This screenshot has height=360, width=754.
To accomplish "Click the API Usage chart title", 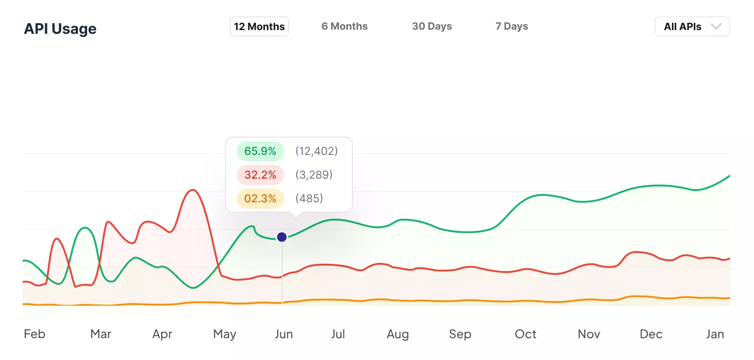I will point(60,29).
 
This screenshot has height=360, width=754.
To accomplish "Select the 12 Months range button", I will point(259,26).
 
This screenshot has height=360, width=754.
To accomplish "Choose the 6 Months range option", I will point(344,26).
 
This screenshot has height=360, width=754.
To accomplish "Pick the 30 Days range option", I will point(432,26).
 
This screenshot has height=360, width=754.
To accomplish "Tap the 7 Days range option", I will point(511,26).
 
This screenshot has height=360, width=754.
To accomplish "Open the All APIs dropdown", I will point(692,26).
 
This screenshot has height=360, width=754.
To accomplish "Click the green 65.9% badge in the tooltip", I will point(260,151).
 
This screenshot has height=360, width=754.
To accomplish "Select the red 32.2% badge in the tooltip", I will point(260,175).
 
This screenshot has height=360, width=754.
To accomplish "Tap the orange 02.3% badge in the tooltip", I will point(260,199).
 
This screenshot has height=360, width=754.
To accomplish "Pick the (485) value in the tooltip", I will point(309,198).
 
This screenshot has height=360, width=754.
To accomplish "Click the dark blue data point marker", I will point(282,237).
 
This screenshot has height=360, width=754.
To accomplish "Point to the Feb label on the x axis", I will point(35,334).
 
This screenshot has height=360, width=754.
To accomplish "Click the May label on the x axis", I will point(225,334).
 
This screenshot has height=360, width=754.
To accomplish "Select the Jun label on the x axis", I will point(284,334).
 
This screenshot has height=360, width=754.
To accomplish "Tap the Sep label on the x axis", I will point(460,334).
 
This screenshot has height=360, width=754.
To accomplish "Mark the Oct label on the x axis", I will point(525,334).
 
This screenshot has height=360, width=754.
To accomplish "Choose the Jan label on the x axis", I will point(715,334).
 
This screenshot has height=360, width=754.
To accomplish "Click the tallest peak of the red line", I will point(193,190).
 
